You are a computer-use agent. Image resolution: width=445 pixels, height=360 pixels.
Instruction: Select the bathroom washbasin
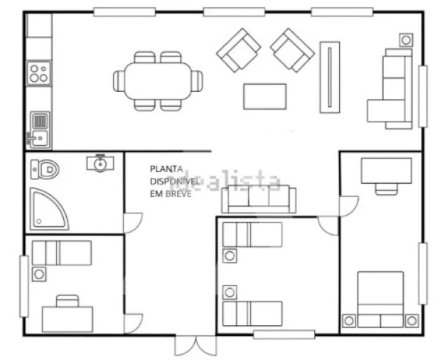(101, 164)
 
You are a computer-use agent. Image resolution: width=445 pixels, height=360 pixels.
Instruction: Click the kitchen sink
(39, 129)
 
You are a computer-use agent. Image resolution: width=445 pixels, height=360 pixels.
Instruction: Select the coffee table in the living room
(264, 96)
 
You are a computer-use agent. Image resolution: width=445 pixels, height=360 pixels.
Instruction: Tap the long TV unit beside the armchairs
(330, 77)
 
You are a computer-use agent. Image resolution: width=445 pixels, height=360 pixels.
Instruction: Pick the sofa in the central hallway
(258, 200)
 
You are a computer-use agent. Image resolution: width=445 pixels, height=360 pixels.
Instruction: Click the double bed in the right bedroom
(380, 299)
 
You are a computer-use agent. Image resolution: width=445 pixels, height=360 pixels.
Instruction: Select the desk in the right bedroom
(386, 171)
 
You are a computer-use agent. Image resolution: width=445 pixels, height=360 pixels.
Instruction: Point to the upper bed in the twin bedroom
(252, 235)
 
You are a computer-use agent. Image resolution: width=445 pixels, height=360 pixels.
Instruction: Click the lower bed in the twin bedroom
(252, 312)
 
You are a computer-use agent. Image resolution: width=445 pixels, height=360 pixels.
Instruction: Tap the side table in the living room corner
(406, 40)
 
